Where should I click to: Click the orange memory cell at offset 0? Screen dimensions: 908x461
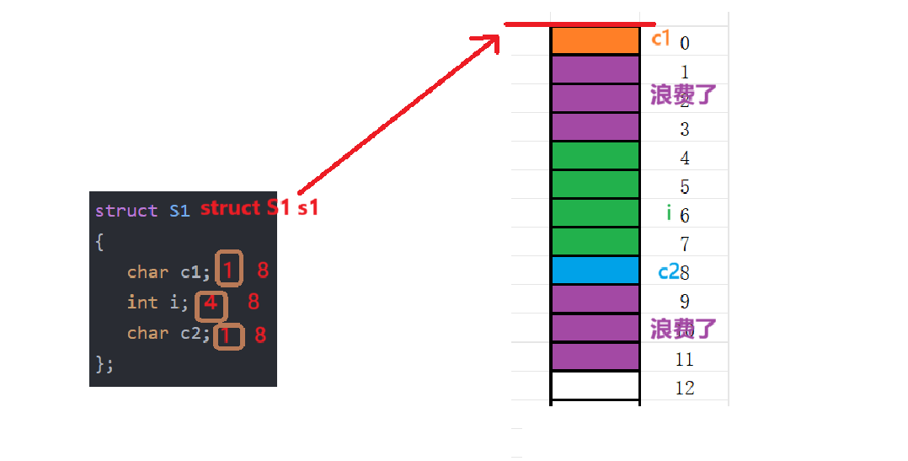[x=595, y=41]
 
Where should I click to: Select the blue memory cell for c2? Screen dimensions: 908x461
[x=595, y=271]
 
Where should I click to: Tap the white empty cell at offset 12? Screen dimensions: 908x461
[x=595, y=386]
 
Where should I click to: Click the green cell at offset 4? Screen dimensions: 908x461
[x=595, y=156]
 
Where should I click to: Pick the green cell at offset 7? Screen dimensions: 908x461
[x=595, y=242]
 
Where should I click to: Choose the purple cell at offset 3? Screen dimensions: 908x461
[x=595, y=127]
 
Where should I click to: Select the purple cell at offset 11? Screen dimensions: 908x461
[x=595, y=356]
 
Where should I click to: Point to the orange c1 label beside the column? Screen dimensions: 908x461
[x=660, y=38]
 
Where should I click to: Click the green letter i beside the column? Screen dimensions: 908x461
[x=669, y=213]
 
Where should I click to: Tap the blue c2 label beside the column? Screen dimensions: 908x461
[x=668, y=271]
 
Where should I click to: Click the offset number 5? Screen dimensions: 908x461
[x=685, y=187]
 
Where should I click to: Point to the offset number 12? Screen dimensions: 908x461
[x=685, y=388]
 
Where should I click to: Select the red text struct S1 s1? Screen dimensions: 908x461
[x=259, y=207]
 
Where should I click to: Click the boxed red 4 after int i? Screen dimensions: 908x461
[x=211, y=303]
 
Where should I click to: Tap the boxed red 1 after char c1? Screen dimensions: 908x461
[x=228, y=270]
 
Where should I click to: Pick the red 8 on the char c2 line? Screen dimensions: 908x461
[x=260, y=335]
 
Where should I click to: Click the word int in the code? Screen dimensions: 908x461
[x=142, y=302]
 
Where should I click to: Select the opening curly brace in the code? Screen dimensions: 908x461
[x=99, y=242]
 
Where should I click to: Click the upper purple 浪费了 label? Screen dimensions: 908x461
[x=683, y=94]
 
